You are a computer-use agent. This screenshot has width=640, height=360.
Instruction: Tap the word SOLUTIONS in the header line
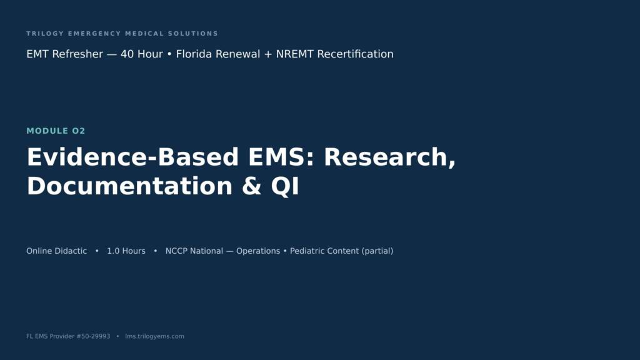(x=193, y=34)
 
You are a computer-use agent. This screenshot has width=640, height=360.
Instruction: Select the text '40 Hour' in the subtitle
(x=142, y=54)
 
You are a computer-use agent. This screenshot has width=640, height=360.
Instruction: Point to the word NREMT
(x=295, y=54)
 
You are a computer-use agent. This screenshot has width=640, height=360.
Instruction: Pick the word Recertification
(x=356, y=54)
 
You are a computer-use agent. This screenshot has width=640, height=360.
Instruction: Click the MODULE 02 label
(x=56, y=131)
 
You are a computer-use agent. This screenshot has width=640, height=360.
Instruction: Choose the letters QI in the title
(x=285, y=186)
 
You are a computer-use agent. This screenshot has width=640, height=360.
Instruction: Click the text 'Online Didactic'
(x=57, y=251)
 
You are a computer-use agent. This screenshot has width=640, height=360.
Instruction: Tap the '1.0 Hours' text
(x=126, y=251)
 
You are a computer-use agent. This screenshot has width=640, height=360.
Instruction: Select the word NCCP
(x=176, y=251)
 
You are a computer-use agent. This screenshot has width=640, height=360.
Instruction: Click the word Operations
(x=258, y=251)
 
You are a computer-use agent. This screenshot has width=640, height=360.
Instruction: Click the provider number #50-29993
(x=94, y=336)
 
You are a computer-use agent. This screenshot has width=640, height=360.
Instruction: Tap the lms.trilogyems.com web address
(x=155, y=336)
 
